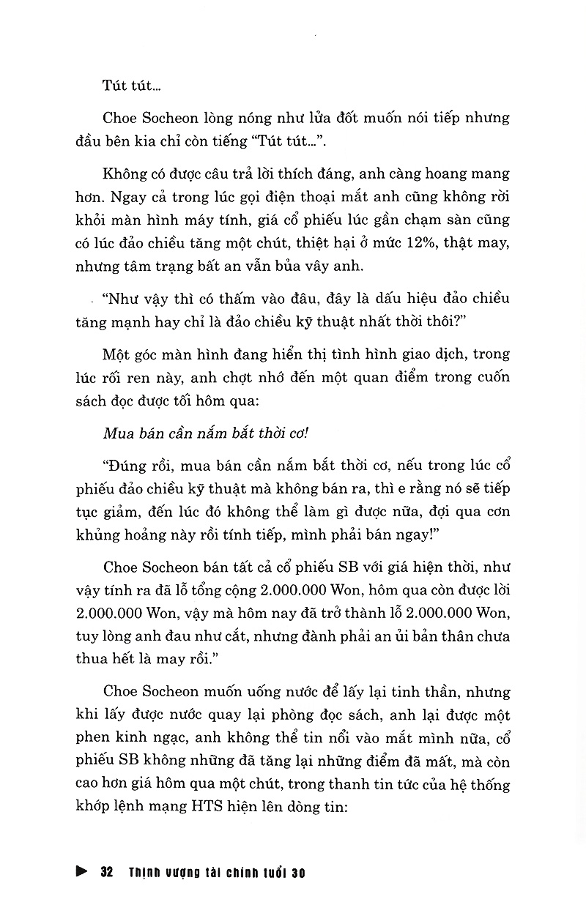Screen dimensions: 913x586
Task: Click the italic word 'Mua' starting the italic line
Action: [117, 430]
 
